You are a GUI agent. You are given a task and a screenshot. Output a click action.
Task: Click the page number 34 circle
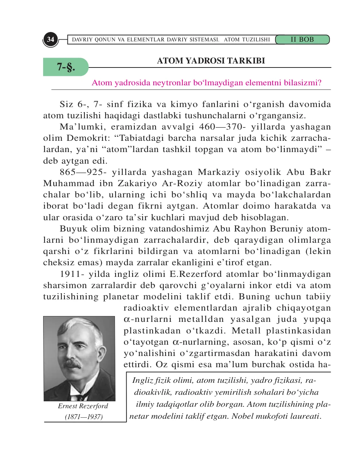pyautogui.click(x=50, y=39)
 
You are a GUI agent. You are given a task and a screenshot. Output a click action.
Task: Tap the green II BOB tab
pyautogui.click(x=302, y=40)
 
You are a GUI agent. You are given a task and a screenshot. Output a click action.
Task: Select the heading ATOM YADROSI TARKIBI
pyautogui.click(x=211, y=61)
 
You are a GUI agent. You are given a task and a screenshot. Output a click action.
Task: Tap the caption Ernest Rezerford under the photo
pyautogui.click(x=83, y=406)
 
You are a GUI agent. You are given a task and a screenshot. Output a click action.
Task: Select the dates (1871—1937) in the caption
pyautogui.click(x=83, y=417)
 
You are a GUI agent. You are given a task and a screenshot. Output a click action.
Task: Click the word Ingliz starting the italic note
pyautogui.click(x=143, y=380)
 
